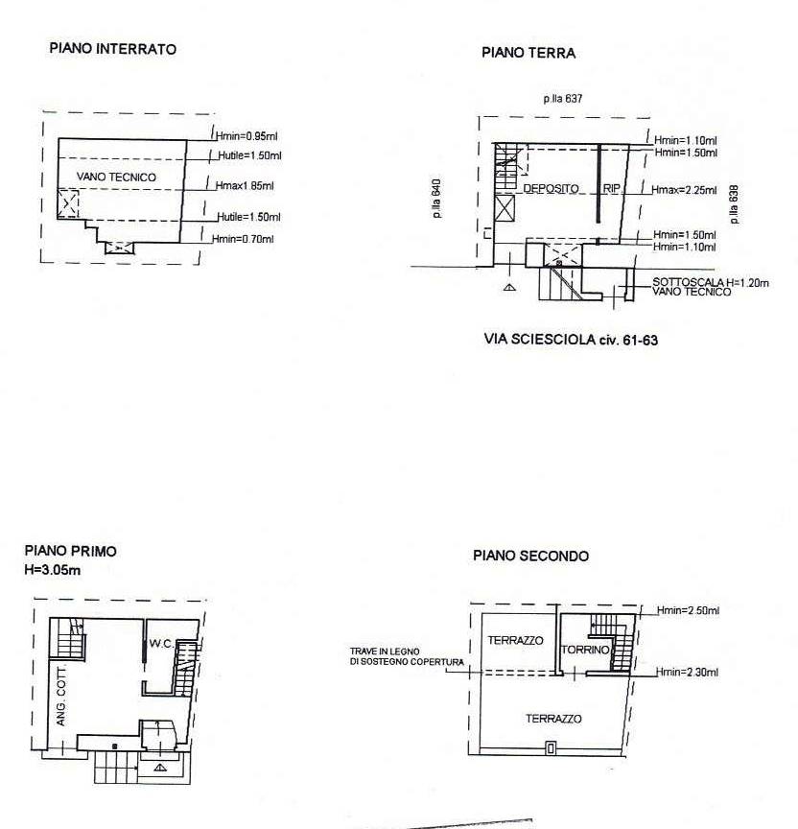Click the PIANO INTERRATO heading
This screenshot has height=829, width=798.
click(x=112, y=49)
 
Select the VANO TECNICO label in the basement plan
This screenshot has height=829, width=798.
click(x=116, y=178)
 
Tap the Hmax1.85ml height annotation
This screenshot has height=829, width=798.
click(x=245, y=186)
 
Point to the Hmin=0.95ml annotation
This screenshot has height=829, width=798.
click(x=246, y=136)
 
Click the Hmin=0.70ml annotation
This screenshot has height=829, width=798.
click(x=243, y=239)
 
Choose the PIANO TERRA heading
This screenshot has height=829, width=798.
click(x=528, y=53)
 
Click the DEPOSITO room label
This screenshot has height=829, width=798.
click(x=551, y=189)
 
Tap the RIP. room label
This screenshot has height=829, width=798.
click(x=612, y=189)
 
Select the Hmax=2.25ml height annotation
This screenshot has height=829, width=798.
click(x=684, y=190)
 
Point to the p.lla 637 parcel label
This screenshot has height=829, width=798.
click(x=563, y=98)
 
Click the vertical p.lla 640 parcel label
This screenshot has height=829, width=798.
click(x=436, y=199)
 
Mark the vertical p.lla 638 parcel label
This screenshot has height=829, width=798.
click(x=734, y=204)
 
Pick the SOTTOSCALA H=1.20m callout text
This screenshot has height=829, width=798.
click(x=711, y=283)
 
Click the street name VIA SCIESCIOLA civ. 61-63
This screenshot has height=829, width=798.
click(x=571, y=340)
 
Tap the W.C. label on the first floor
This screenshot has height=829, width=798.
click(x=161, y=644)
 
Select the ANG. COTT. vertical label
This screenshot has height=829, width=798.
click(x=61, y=697)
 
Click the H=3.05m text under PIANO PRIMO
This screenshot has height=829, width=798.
click(x=53, y=571)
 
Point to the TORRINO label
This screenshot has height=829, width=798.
click(x=585, y=650)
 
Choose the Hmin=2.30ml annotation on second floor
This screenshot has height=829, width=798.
click(x=687, y=672)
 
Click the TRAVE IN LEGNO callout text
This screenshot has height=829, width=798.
click(x=385, y=651)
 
